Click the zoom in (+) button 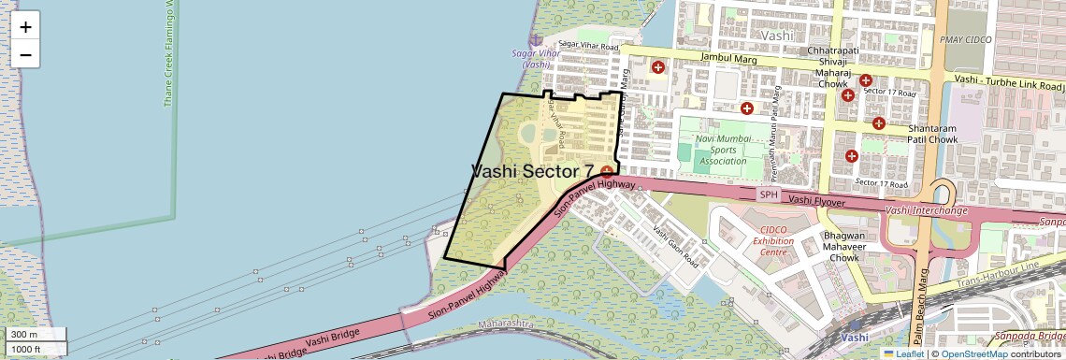coord(25,27)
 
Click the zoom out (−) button coord(25,55)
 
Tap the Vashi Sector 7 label coord(533,171)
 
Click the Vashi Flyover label coord(816,199)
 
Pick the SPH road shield coord(769,194)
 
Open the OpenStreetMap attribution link coord(973,353)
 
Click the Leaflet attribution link coord(903,353)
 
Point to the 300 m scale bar coord(36,335)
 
